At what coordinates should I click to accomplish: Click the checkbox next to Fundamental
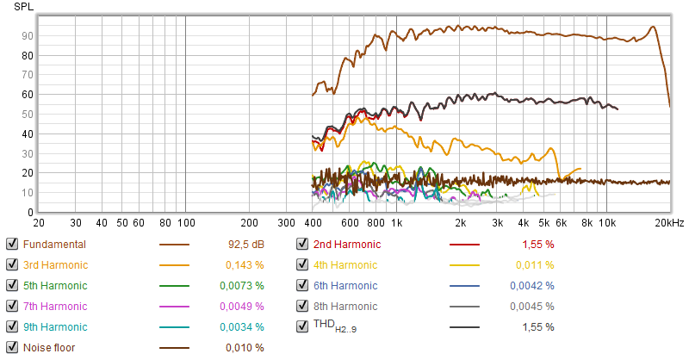coord(11,244)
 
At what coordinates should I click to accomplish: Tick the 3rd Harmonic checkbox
coord(11,264)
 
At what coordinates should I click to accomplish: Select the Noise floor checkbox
coord(11,347)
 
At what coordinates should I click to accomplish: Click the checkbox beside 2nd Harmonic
coord(302,244)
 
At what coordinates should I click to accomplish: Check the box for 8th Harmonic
coord(302,306)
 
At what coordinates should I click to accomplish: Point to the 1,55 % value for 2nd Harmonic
coord(538,244)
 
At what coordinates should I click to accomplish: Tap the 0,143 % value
coord(245,264)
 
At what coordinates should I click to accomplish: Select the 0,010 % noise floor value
coord(245,347)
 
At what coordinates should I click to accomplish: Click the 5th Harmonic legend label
coord(55,285)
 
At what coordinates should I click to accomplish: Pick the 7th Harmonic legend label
coord(55,306)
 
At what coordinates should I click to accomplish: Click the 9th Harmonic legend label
coord(55,326)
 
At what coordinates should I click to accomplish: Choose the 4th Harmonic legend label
coord(346,264)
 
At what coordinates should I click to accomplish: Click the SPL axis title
coord(23,6)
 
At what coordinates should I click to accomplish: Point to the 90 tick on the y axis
coord(28,35)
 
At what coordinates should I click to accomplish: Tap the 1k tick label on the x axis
coord(396,221)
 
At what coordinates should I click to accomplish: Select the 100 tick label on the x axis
coord(185,221)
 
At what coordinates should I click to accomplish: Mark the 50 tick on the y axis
coord(28,114)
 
